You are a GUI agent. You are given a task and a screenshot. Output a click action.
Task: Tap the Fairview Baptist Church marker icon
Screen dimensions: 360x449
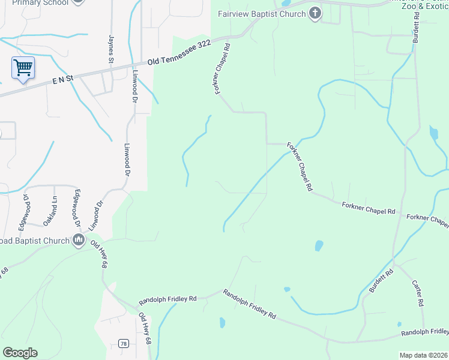(x=315, y=14)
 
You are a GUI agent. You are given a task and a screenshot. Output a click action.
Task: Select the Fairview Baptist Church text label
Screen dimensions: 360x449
(x=263, y=14)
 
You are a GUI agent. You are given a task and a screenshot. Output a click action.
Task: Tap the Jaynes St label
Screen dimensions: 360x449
(x=111, y=49)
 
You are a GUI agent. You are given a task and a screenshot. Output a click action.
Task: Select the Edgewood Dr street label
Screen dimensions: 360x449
(x=77, y=208)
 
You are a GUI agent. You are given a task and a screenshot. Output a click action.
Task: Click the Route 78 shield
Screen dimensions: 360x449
(x=124, y=343)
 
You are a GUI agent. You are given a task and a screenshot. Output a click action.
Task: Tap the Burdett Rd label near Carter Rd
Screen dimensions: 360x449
(x=381, y=280)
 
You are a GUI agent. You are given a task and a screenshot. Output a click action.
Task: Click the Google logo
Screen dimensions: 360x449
(x=20, y=353)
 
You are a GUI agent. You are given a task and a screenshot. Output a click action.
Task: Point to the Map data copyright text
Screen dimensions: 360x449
(x=423, y=355)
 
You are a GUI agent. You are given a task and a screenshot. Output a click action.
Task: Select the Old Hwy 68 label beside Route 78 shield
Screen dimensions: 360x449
(x=145, y=328)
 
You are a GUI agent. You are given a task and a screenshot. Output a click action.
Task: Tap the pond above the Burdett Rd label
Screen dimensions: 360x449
(x=319, y=245)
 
